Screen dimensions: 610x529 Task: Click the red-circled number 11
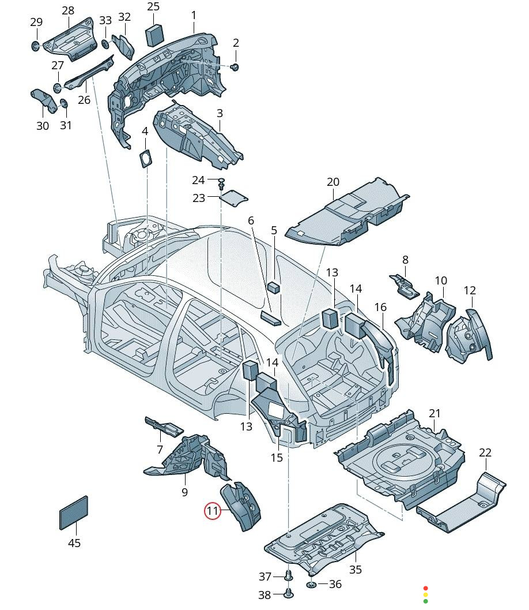tap(213, 510)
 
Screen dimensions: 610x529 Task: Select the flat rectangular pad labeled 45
tap(74, 512)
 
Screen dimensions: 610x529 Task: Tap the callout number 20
tap(333, 182)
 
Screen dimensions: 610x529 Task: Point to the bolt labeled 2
tap(235, 68)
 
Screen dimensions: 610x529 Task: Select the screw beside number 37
tap(289, 575)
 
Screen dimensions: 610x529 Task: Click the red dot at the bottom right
tap(426, 587)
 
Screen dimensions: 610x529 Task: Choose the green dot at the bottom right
tap(426, 601)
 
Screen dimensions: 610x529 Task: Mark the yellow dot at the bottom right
tap(426, 594)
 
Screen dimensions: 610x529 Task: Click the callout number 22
tap(485, 452)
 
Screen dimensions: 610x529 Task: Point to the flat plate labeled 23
tap(233, 198)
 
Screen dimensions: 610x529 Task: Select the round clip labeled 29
tap(36, 46)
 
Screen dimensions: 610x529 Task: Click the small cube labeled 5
tap(274, 286)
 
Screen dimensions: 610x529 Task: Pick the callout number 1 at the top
tap(194, 14)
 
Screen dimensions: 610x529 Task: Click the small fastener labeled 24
tap(221, 184)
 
